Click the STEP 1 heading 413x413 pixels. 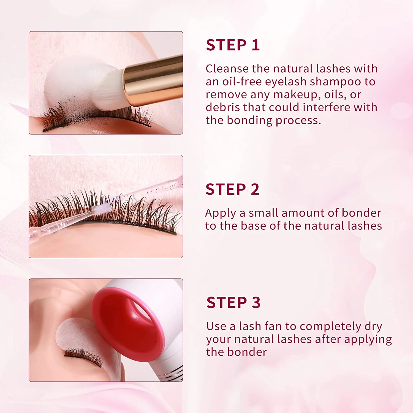pos(233,45)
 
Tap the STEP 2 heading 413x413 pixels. pos(232,189)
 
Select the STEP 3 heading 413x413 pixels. pos(233,303)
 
